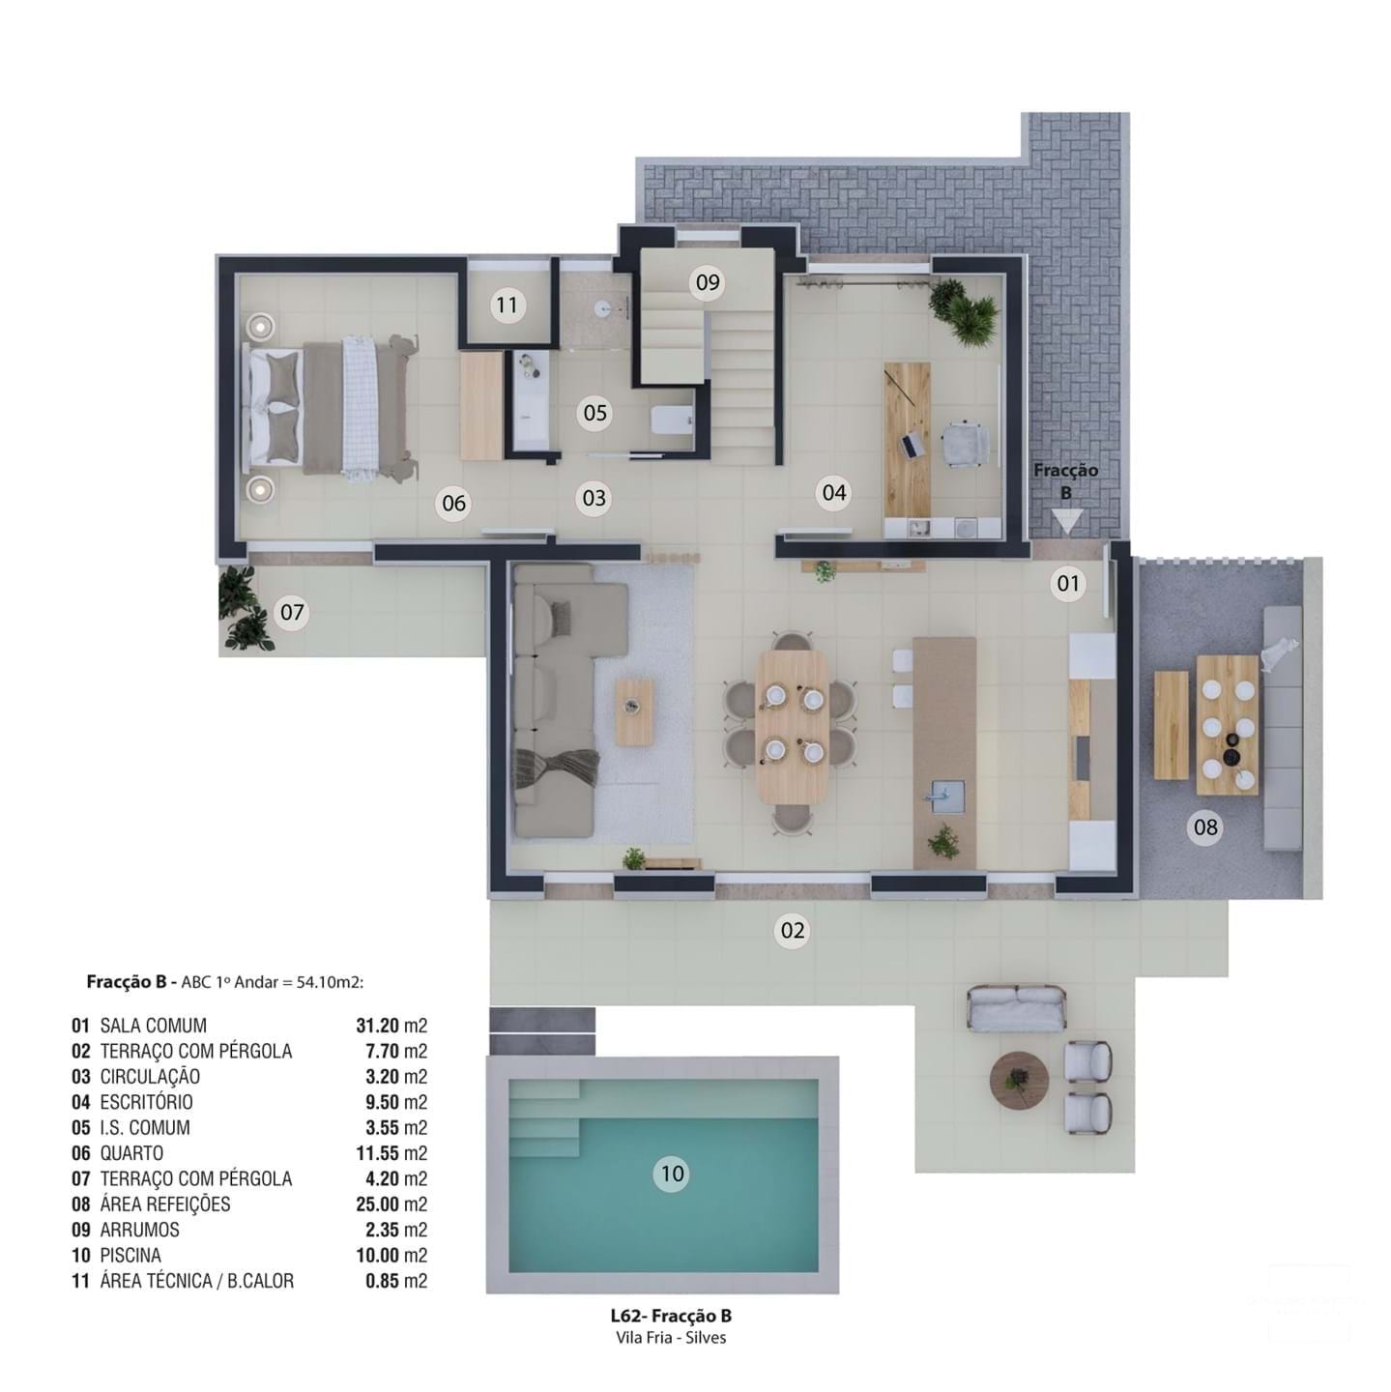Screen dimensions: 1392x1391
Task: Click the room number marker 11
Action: click(507, 305)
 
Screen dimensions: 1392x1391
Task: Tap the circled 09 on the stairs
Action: click(708, 282)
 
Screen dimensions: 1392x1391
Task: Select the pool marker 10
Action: click(671, 1174)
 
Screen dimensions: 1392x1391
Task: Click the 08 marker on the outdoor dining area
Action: click(1205, 827)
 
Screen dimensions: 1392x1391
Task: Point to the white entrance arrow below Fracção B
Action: click(1066, 522)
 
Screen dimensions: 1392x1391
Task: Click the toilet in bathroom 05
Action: click(672, 420)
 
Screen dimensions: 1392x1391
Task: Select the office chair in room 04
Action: click(965, 444)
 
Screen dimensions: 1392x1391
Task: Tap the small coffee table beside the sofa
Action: click(634, 710)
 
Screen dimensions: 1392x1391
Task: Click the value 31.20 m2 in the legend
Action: click(391, 1026)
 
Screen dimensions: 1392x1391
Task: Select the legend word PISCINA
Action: click(130, 1256)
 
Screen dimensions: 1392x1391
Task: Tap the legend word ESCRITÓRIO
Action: click(146, 1102)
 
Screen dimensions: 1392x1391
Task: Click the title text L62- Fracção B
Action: click(670, 1316)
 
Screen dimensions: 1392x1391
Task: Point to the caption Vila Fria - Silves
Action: click(670, 1338)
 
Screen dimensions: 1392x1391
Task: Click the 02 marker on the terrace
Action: click(792, 931)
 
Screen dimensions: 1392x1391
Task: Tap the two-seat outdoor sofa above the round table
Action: click(1016, 1007)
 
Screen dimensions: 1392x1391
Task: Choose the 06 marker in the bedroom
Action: click(453, 503)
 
